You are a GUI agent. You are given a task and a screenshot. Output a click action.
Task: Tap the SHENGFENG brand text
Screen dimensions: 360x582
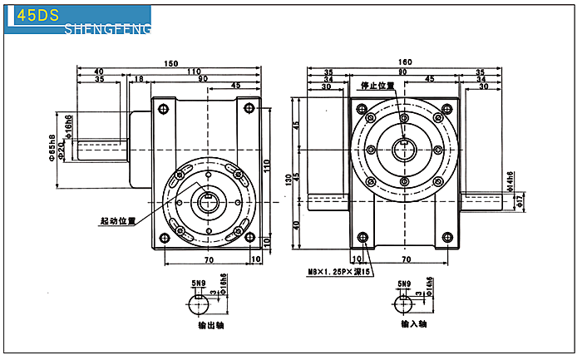click(x=107, y=30)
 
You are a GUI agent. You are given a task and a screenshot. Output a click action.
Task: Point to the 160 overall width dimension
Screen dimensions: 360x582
click(x=405, y=63)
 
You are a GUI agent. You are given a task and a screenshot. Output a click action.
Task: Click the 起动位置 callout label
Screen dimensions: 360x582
click(x=117, y=221)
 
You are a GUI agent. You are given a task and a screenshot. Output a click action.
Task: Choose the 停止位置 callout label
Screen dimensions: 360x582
click(x=377, y=86)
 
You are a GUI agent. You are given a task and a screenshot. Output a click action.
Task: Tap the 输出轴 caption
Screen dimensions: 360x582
click(x=208, y=325)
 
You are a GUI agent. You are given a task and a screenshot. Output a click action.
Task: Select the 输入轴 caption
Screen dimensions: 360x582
click(x=413, y=325)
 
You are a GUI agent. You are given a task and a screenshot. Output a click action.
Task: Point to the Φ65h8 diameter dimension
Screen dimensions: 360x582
click(x=52, y=145)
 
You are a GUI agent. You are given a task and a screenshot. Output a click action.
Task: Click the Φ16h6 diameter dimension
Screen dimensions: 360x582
click(x=69, y=127)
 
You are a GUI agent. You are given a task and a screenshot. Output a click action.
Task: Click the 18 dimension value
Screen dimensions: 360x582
click(x=139, y=80)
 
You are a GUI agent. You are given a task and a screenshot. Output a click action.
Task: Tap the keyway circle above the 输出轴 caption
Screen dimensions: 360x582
click(x=200, y=303)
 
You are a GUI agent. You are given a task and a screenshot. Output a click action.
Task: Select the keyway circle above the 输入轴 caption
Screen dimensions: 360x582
click(x=405, y=303)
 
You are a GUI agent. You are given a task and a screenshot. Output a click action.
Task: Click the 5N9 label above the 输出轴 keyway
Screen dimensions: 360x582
click(x=198, y=284)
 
